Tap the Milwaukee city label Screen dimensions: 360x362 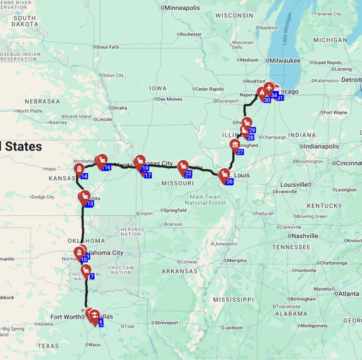pos(285,61)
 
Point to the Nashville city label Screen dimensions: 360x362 pos(305,236)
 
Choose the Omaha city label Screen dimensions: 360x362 pos(119,108)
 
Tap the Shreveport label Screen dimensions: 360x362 pos(166,323)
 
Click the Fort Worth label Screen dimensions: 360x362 pos(66,317)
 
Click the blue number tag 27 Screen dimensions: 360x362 pos(240,152)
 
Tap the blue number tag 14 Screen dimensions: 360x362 pos(84,176)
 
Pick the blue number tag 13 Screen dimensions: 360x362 pos(90,203)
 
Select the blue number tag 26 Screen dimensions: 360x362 pos(229,182)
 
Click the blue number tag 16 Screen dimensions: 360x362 pos(107,167)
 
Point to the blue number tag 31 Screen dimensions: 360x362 pos(280,98)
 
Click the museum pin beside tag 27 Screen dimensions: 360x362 pos(235,145)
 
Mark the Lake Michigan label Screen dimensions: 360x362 pos(286,34)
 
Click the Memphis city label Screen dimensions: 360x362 pos(237,260)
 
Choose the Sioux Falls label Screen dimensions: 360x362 pos(108,47)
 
